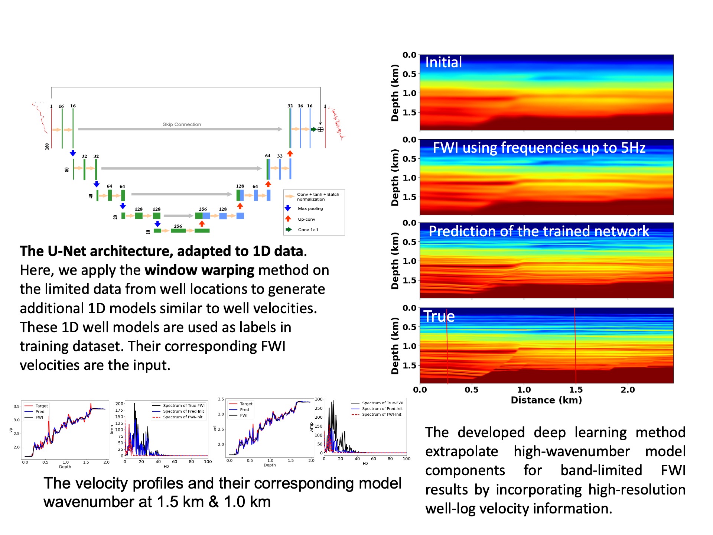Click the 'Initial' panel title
click(x=443, y=62)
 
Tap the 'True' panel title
click(x=439, y=317)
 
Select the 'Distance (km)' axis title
click(x=546, y=400)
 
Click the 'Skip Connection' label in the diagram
click(x=182, y=124)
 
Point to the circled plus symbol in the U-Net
click(x=320, y=129)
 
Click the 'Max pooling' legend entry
click(x=310, y=209)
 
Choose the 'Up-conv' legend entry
click(x=306, y=220)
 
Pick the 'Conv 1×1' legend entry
click(x=308, y=230)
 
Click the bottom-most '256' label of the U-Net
click(x=178, y=226)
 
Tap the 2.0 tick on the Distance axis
click(x=628, y=390)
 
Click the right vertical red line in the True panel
click(x=575, y=346)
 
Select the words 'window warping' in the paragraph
click(x=199, y=270)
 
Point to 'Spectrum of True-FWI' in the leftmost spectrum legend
click(x=183, y=406)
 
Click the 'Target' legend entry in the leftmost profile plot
click(x=42, y=406)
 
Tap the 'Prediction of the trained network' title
click(x=539, y=231)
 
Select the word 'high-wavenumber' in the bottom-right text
click(x=572, y=451)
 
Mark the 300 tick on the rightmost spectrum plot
click(x=319, y=399)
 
